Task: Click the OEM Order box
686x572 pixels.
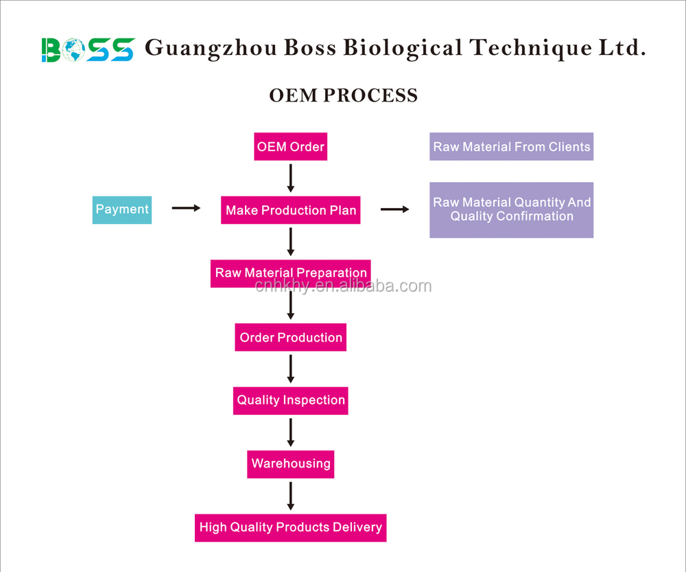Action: pos(290,147)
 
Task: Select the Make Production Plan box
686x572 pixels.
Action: pos(291,210)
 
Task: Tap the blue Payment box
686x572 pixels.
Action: pos(122,209)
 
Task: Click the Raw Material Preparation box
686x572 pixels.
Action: pos(291,273)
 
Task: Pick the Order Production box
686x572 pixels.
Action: pos(291,337)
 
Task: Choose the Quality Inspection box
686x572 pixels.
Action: pos(291,400)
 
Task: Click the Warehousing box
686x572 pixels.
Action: pos(291,464)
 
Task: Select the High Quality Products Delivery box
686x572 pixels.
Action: pos(291,527)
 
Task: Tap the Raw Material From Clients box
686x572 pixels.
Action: pos(511,147)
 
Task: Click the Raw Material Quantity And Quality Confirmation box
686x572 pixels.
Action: pos(511,209)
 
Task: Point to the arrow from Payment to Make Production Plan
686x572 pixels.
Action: pos(186,207)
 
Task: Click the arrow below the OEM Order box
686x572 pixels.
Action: pos(291,179)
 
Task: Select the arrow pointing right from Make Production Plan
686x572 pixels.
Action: pos(394,209)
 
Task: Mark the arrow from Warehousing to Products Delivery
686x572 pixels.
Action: pos(291,496)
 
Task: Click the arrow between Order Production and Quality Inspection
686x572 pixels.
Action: pos(291,369)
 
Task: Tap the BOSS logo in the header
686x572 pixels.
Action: pos(88,49)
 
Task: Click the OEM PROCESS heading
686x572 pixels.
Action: pos(343,95)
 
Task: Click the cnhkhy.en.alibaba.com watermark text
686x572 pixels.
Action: pos(343,286)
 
